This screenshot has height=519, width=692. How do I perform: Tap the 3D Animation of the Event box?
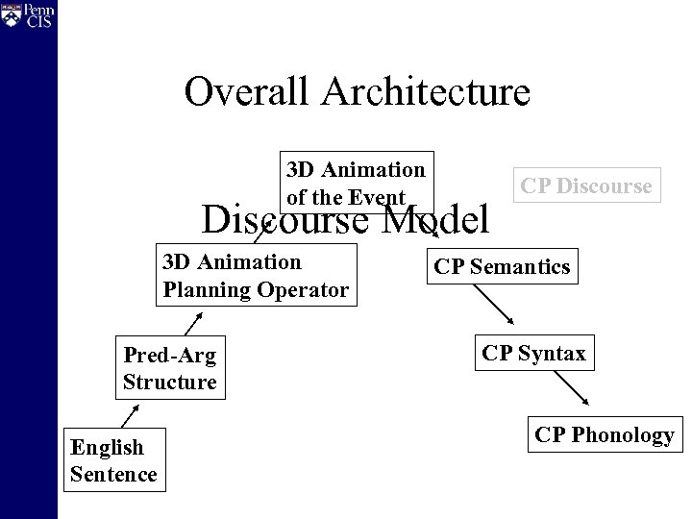click(x=357, y=183)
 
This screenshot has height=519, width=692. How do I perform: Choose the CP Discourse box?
click(x=586, y=185)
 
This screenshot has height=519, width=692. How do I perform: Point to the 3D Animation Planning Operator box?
click(x=255, y=274)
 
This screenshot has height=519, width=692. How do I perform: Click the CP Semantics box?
click(x=502, y=267)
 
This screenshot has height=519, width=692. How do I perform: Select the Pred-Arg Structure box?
click(x=169, y=368)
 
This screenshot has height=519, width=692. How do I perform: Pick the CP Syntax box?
click(x=533, y=354)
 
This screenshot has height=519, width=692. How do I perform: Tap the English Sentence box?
click(x=113, y=459)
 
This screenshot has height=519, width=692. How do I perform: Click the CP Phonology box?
click(x=605, y=434)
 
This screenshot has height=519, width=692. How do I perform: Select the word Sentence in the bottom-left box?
click(x=113, y=473)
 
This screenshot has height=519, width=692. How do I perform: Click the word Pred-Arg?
click(x=169, y=355)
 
